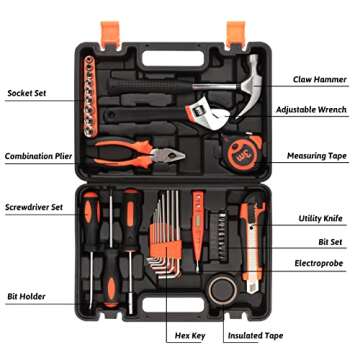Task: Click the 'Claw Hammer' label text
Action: coord(319,78)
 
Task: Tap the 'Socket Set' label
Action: coord(27,94)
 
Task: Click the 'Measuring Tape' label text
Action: coord(316,156)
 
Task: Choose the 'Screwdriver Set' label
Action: coord(34,207)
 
